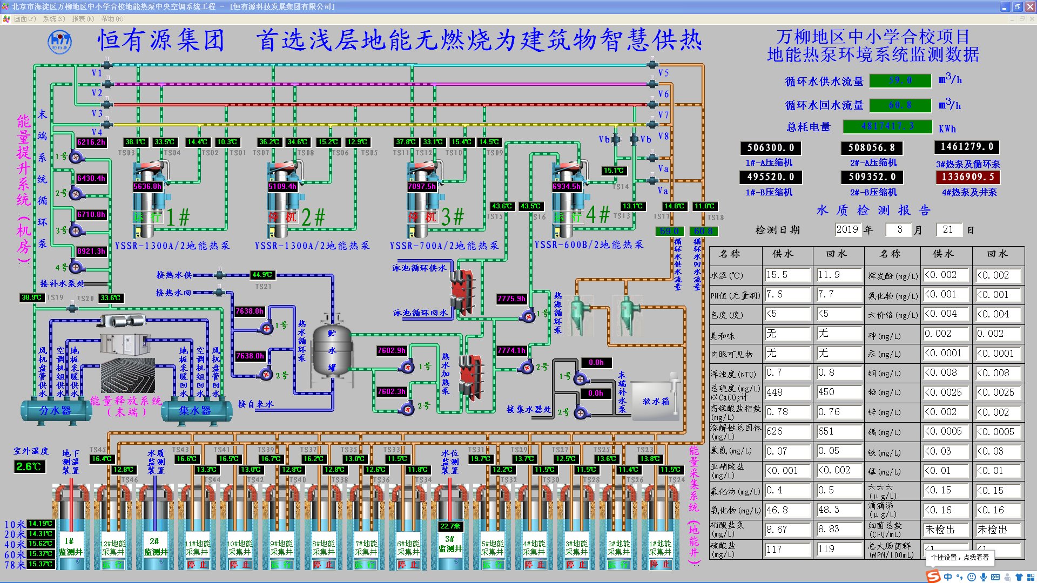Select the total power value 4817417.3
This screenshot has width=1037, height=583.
[x=887, y=126]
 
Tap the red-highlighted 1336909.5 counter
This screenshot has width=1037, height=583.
[x=967, y=177]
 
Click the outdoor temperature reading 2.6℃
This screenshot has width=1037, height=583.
[x=29, y=466]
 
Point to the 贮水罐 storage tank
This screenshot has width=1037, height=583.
[x=332, y=351]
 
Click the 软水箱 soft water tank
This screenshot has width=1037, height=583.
[x=655, y=401]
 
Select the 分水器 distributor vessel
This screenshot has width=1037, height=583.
[x=55, y=411]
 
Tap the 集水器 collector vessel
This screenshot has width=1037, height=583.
[x=194, y=411]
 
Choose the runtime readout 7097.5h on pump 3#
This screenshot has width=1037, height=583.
[x=422, y=186]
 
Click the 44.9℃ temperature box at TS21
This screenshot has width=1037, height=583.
[x=262, y=275]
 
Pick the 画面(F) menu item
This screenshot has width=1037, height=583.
[x=25, y=19]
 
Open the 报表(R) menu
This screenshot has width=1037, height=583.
[x=83, y=19]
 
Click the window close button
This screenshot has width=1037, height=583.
[x=1029, y=6]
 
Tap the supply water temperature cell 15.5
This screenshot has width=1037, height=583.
[x=786, y=275]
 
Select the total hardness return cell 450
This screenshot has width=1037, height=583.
[x=838, y=392]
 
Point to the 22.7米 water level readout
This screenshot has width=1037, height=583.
[x=450, y=526]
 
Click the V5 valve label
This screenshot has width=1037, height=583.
[x=663, y=73]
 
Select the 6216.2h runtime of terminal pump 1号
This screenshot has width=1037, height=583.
[x=91, y=142]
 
